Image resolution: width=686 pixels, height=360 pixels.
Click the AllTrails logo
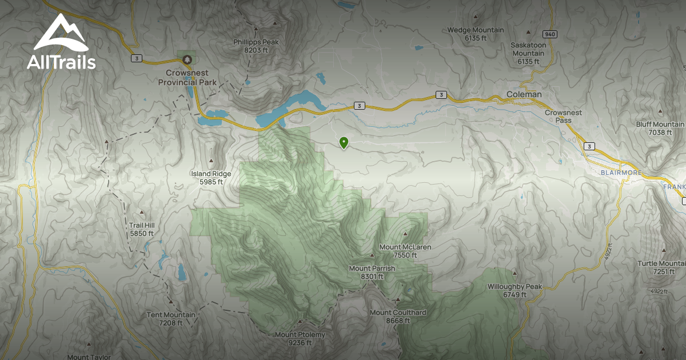pos(61,42)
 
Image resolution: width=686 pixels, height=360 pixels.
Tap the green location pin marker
pos(344,143)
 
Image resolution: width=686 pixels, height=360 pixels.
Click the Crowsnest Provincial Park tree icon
pos(186,59)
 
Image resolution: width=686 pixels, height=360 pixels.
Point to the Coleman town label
pos(524,94)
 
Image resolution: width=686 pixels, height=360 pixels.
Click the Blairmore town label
pos(621,173)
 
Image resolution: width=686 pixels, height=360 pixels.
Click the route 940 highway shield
pos(550,34)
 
